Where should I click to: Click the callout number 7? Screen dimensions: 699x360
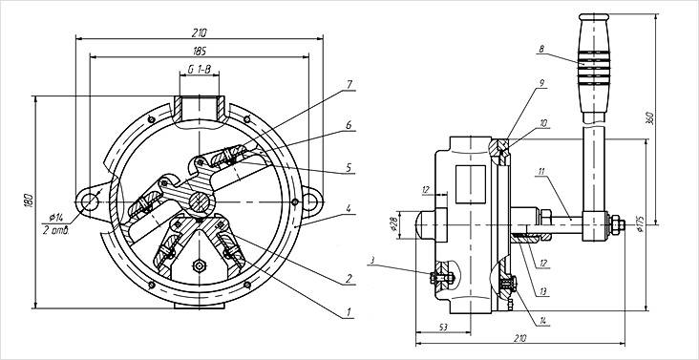[x=349, y=84]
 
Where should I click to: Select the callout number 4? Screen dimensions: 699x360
[x=349, y=208]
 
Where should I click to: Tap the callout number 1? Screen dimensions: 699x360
[x=349, y=311]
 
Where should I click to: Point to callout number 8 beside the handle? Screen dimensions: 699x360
[x=541, y=49]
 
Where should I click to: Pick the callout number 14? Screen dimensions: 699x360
[x=542, y=321]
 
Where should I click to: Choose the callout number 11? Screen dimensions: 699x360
[x=541, y=171]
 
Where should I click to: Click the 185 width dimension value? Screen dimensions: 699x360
[x=200, y=52]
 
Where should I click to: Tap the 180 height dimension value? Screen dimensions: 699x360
[x=30, y=201]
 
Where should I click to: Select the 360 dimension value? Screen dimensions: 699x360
[x=649, y=117]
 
